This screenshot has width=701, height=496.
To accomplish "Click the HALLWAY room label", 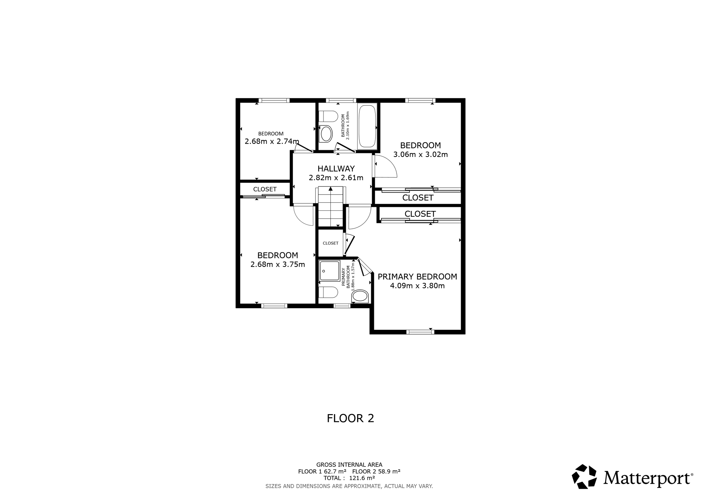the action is tap(336, 169).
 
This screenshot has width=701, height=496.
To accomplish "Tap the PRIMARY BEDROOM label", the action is tap(417, 276).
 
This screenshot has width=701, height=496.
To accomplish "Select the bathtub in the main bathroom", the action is tap(367, 126).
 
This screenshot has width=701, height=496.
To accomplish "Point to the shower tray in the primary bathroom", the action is tap(329, 271).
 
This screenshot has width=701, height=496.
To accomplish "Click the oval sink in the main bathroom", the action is tap(326, 134).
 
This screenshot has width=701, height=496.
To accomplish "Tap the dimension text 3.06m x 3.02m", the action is tap(421, 154).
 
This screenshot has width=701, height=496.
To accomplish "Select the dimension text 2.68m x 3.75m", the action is tap(278, 264).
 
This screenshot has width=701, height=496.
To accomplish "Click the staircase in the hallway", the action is tap(331, 207).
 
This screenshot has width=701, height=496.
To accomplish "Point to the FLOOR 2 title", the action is tap(350, 418).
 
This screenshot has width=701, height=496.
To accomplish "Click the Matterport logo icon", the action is tap(584, 476).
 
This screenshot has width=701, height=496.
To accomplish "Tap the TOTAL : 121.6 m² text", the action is tap(349, 478).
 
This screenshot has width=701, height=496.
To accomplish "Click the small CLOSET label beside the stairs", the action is tap(331, 243).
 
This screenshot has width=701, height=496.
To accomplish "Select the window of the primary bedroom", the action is tap(420, 332).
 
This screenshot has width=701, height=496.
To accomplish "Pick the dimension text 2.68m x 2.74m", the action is tap(272, 141).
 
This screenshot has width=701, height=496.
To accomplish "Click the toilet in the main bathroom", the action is tap(328, 116).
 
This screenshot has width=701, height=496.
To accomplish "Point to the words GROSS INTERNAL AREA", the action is tap(349, 465).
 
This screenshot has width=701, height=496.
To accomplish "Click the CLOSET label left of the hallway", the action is tap(265, 189).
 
